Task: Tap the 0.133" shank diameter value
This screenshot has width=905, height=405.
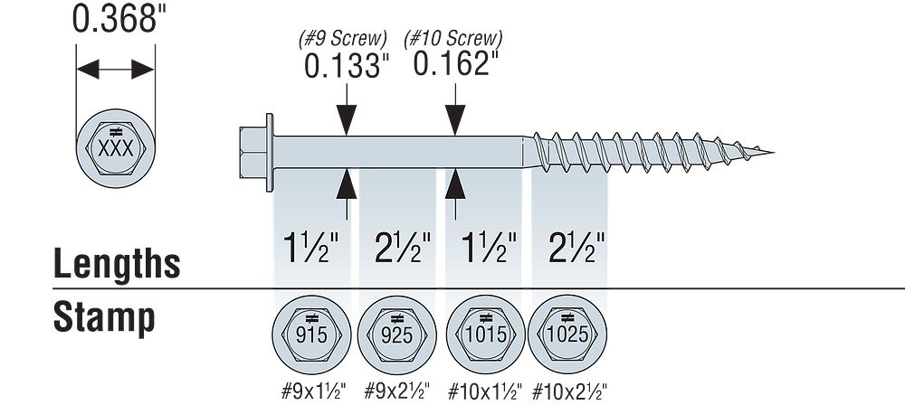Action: (x=341, y=67)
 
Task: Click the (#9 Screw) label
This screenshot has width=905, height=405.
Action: (x=343, y=39)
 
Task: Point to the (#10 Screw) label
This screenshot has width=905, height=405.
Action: (x=458, y=39)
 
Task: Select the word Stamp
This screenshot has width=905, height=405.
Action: (x=103, y=317)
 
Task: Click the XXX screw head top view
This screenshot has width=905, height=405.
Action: (x=115, y=146)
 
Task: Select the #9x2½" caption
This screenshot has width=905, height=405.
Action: (x=395, y=391)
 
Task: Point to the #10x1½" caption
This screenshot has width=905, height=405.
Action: (x=481, y=391)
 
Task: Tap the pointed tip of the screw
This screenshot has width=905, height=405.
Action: (x=771, y=152)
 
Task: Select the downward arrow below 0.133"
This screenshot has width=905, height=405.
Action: (x=344, y=118)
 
